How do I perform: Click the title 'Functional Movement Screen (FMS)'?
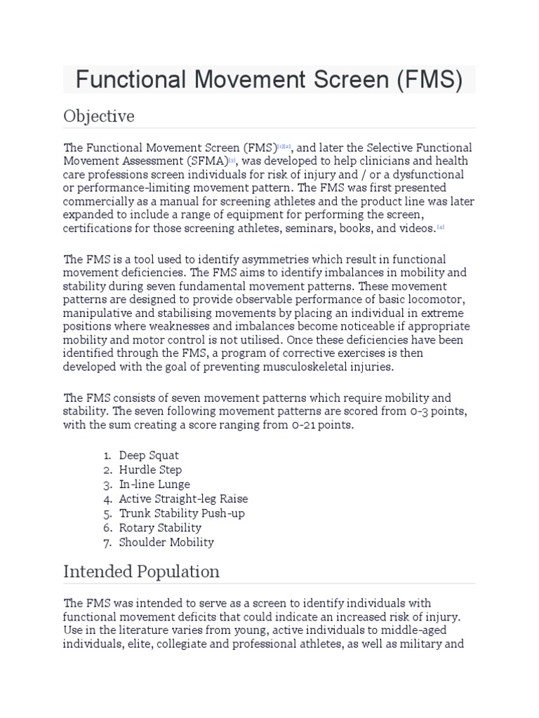click(269, 80)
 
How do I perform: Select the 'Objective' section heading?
click(99, 116)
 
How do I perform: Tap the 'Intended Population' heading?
click(141, 571)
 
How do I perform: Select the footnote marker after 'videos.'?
click(441, 228)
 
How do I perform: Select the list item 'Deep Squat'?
click(149, 455)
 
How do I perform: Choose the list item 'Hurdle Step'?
click(150, 470)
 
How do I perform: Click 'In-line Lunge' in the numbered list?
click(154, 485)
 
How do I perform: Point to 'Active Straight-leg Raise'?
click(183, 499)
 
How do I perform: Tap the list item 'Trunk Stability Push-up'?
click(182, 513)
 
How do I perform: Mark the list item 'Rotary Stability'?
click(160, 527)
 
